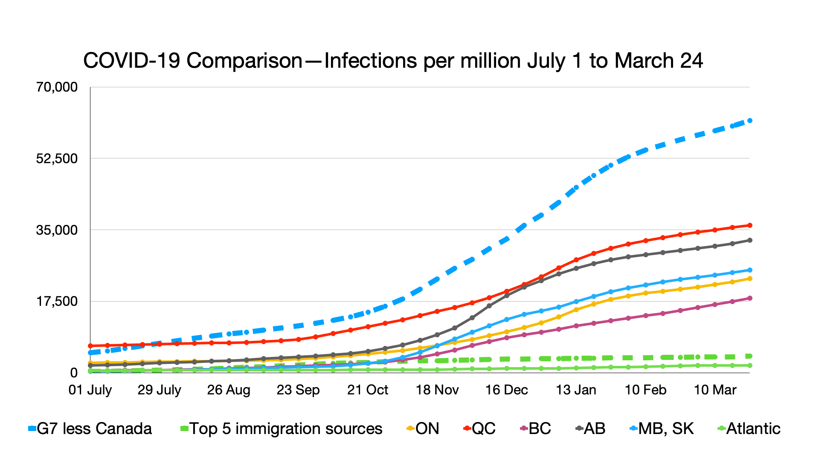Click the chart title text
pyautogui.click(x=393, y=60)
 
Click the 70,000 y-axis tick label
pyautogui.click(x=57, y=87)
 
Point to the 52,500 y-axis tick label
pyautogui.click(x=57, y=158)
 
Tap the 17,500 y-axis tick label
pyautogui.click(x=57, y=301)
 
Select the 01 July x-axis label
pyautogui.click(x=90, y=390)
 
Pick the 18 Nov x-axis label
pyautogui.click(x=437, y=390)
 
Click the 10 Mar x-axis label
pyautogui.click(x=715, y=390)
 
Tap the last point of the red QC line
pyautogui.click(x=749, y=225)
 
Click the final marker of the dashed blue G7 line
pyautogui.click(x=749, y=121)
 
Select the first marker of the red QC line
pyautogui.click(x=90, y=346)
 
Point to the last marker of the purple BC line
pyautogui.click(x=749, y=298)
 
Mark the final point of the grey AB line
pyautogui.click(x=749, y=240)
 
